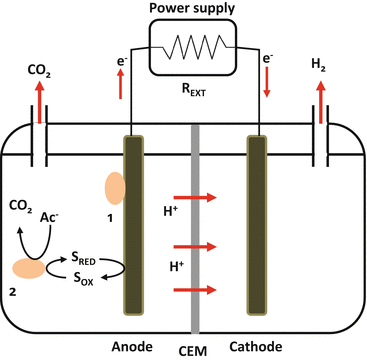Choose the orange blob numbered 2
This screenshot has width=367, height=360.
point(29,268)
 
